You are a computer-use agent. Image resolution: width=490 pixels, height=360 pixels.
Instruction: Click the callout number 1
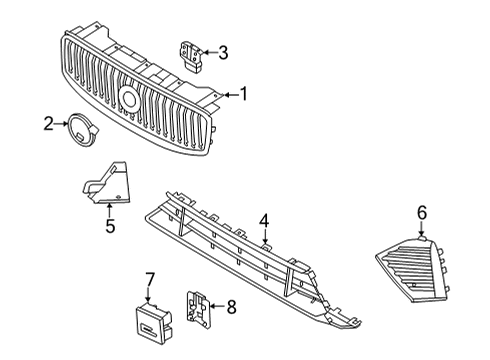241,95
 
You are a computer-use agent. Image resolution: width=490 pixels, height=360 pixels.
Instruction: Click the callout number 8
232,307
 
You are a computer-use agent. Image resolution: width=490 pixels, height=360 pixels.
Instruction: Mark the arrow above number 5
110,207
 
